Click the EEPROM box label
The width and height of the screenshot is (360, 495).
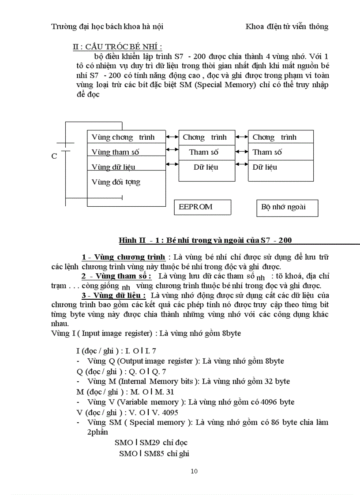196,207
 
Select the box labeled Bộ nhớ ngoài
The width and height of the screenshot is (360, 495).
283,207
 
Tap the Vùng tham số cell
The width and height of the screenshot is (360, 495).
116,152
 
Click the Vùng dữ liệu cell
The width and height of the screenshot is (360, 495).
113,167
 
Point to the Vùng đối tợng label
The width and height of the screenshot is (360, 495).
116,182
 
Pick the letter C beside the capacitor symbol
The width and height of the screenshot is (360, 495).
54,156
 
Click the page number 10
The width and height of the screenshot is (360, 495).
194,471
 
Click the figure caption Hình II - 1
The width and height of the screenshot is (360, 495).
205,240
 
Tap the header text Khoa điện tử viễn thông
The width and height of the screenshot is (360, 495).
287,26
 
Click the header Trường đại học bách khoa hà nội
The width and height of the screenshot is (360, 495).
107,26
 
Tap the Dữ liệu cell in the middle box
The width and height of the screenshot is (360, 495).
206,167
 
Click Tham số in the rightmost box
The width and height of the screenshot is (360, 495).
267,152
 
